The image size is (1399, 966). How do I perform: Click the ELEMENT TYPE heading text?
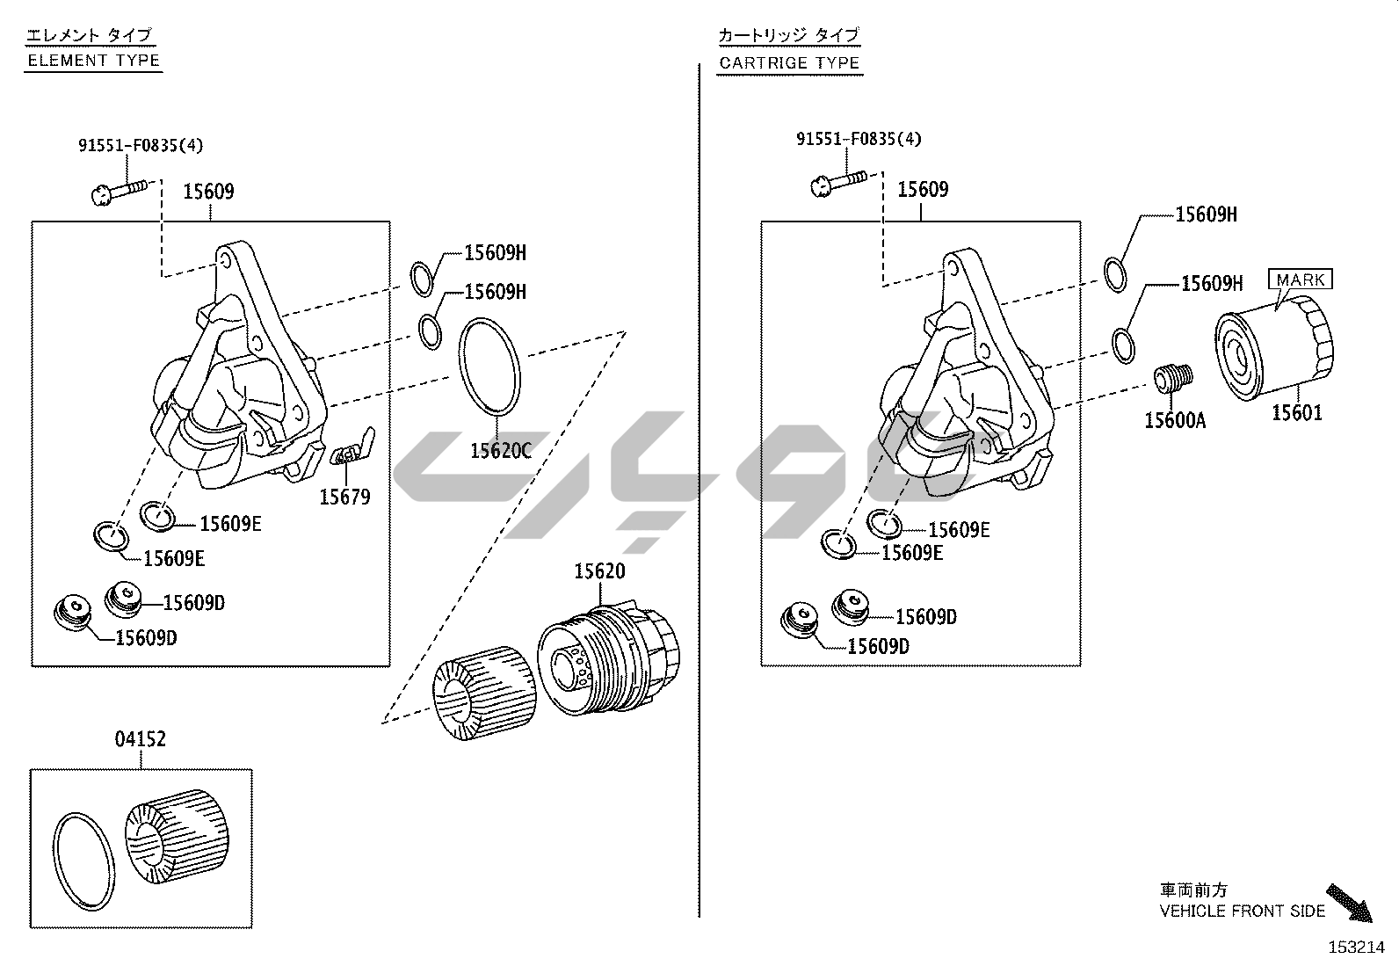tap(94, 61)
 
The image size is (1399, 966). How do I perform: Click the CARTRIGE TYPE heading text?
tap(789, 63)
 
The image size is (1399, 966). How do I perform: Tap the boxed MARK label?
tap(1301, 280)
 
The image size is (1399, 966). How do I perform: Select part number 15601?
tap(1297, 413)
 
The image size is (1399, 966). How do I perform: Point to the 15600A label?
tap(1175, 420)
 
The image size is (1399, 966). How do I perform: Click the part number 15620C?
tap(501, 451)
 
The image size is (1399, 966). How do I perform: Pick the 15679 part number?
tap(344, 498)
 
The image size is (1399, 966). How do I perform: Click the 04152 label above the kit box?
tap(141, 739)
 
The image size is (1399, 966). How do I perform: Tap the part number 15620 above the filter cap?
tap(599, 571)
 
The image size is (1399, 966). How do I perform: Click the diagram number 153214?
tap(1357, 948)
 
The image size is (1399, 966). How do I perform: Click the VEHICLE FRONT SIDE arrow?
tap(1349, 903)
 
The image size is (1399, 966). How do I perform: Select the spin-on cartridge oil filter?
tap(1274, 348)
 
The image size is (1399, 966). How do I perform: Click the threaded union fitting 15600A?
tap(1172, 377)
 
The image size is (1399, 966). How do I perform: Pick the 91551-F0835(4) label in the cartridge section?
tap(859, 139)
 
